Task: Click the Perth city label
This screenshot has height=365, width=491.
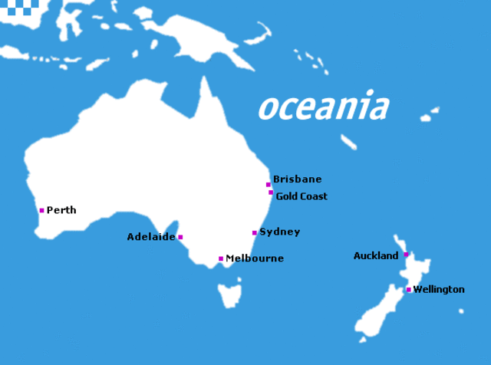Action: tap(61, 210)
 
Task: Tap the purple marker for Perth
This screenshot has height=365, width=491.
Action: tap(41, 210)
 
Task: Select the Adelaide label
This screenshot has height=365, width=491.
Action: tap(151, 237)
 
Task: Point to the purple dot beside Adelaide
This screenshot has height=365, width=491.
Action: tap(180, 237)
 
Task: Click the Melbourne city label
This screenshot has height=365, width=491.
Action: tap(255, 258)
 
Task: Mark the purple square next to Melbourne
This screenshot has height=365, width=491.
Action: tap(221, 258)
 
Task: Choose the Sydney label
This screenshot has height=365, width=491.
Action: tap(280, 232)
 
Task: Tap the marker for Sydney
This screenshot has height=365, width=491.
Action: tap(255, 232)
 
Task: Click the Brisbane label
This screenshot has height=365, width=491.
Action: tap(298, 179)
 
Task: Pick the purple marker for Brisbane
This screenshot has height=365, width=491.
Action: tap(269, 184)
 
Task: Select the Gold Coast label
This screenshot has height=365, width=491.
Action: tap(302, 196)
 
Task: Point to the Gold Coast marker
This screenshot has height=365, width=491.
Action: tap(271, 192)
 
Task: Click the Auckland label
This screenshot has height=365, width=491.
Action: tap(376, 255)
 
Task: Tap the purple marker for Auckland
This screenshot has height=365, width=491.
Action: tap(406, 255)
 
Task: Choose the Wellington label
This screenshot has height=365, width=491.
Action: tap(439, 289)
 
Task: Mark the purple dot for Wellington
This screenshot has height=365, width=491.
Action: tap(409, 290)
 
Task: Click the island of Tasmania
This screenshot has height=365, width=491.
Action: tap(229, 294)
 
